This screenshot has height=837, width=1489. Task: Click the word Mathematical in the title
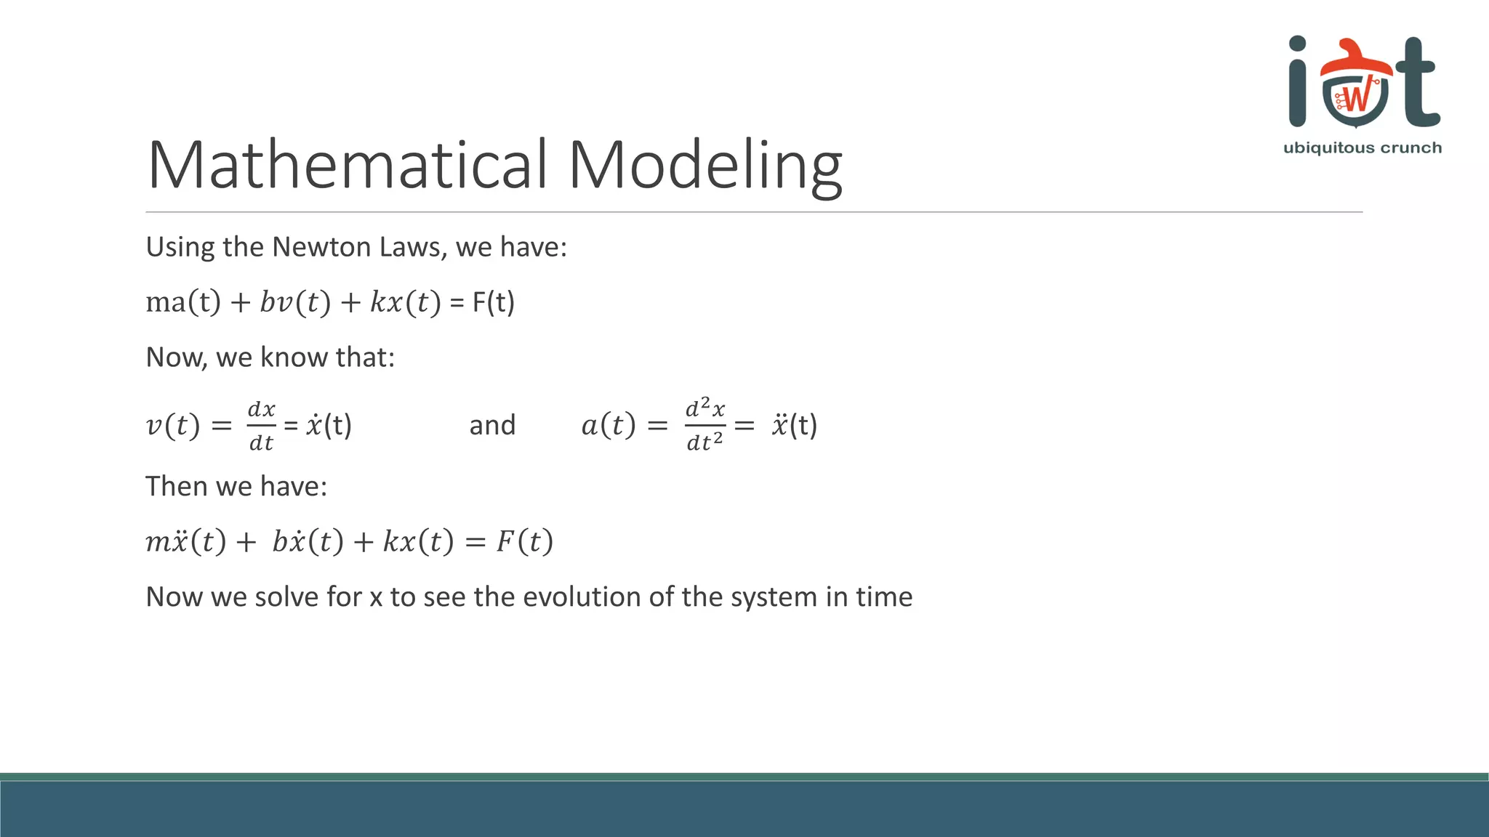pyautogui.click(x=347, y=165)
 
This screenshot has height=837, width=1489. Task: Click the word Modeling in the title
pyautogui.click(x=705, y=165)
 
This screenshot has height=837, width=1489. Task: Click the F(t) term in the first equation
pyautogui.click(x=494, y=302)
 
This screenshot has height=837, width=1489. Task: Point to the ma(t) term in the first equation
pyautogui.click(x=183, y=302)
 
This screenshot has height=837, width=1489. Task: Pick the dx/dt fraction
pyautogui.click(x=261, y=426)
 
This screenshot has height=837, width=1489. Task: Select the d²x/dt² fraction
pyautogui.click(x=705, y=425)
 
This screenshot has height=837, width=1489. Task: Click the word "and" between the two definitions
pyautogui.click(x=492, y=425)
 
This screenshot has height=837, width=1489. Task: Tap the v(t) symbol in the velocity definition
pyautogui.click(x=172, y=425)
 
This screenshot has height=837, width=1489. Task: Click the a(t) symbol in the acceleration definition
pyautogui.click(x=608, y=425)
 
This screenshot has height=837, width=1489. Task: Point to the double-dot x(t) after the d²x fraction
pyautogui.click(x=794, y=425)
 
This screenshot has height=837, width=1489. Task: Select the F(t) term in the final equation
pyautogui.click(x=524, y=541)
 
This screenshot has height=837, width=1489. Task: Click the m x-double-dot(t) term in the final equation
pyautogui.click(x=186, y=541)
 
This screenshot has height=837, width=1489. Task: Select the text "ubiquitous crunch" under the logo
pyautogui.click(x=1362, y=148)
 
